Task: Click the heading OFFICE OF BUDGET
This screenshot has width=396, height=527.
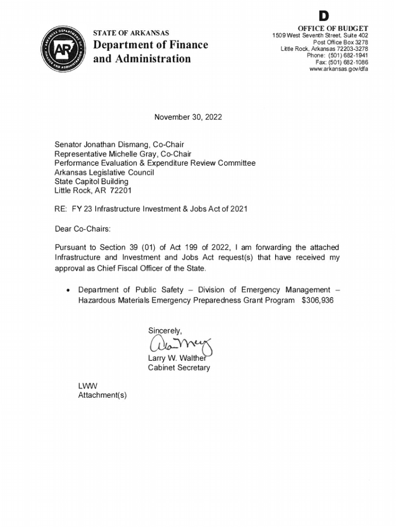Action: (333, 28)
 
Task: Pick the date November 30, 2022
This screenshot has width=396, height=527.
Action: (188, 117)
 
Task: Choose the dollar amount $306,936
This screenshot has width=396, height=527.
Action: (318, 300)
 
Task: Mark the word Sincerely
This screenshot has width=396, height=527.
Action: (165, 330)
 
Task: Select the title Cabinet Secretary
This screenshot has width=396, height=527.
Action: (179, 367)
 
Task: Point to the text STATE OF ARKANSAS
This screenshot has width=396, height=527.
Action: (131, 33)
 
